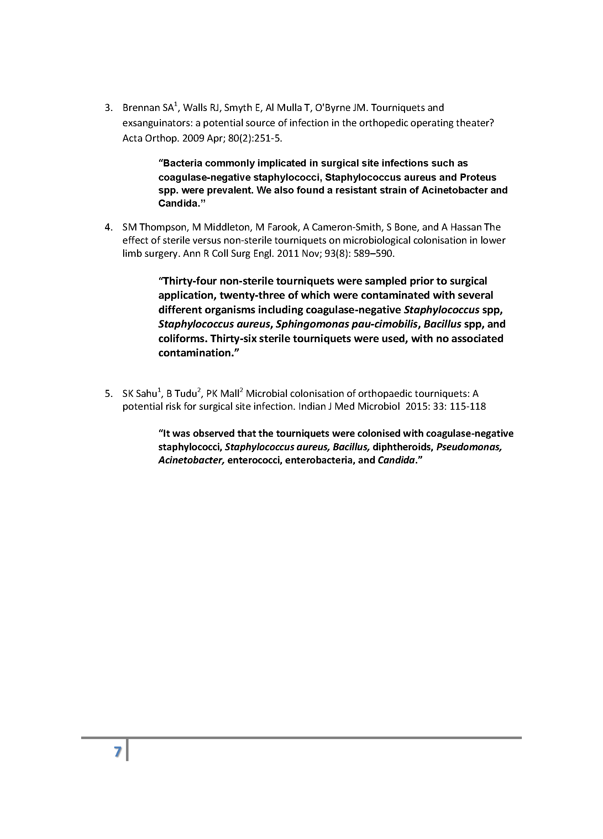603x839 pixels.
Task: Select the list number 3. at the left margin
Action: click(109, 108)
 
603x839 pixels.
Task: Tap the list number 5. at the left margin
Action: click(109, 394)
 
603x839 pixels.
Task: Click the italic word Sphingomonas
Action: click(313, 324)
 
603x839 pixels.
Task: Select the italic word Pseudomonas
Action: click(469, 447)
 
